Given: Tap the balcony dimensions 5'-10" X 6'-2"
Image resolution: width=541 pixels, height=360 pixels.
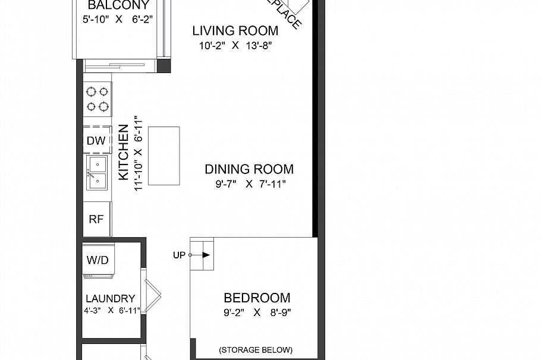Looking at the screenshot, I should (118, 19).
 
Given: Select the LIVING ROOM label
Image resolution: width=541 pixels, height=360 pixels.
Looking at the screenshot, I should (235, 31).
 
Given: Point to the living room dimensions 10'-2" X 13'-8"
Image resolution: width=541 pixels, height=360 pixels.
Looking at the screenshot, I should (236, 46).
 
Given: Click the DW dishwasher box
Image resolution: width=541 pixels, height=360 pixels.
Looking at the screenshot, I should (96, 141).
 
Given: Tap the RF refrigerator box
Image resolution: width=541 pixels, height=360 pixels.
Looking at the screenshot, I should (96, 218).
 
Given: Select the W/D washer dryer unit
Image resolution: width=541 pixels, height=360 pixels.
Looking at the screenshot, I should (99, 260).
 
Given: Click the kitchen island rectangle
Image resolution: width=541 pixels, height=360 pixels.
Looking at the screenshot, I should (164, 156).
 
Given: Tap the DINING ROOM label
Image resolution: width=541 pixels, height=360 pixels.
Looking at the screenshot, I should (249, 169).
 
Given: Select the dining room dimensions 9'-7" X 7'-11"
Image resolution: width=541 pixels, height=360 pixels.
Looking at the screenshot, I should (250, 184).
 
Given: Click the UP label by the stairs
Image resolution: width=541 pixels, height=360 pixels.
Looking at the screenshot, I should (179, 255).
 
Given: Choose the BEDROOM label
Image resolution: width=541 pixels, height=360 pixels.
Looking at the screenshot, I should (257, 298).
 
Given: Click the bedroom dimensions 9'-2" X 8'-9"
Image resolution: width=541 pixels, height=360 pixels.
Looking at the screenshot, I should (257, 312).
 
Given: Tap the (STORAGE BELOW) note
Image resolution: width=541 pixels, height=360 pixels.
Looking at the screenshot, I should (256, 349).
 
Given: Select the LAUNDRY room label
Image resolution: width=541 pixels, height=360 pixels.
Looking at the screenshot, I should (111, 298).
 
